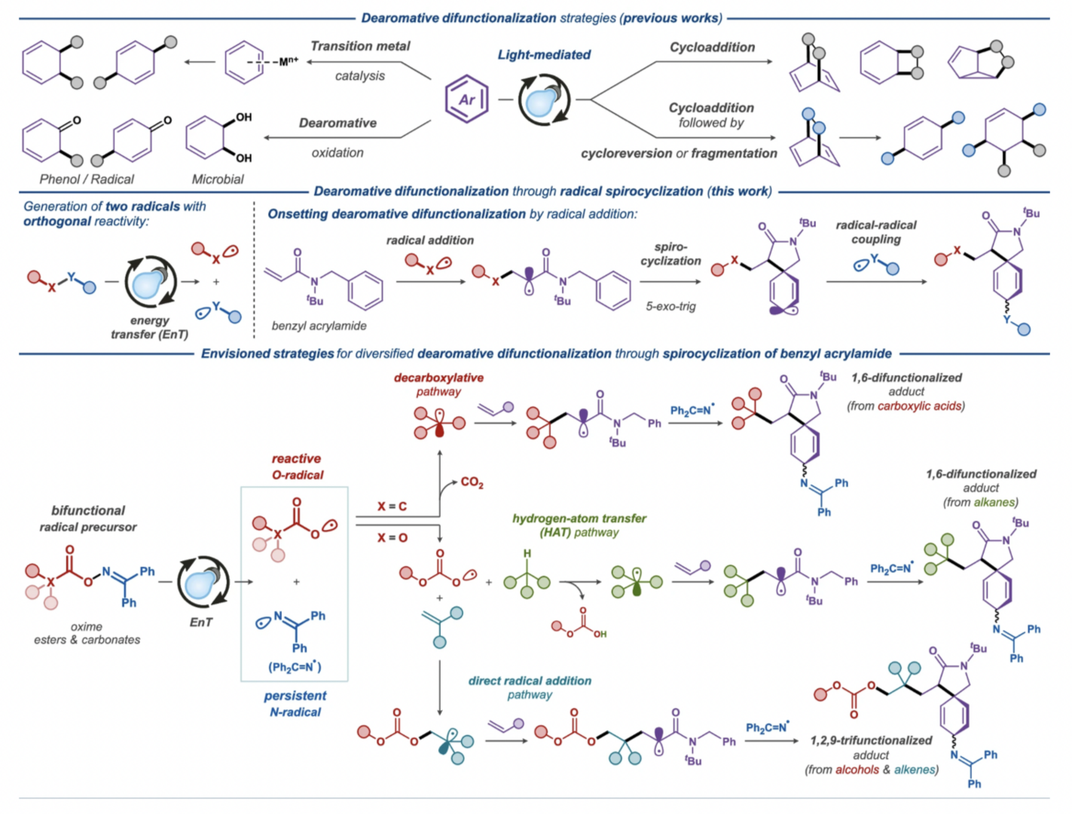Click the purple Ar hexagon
467,78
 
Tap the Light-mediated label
544,55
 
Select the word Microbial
217,179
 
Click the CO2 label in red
472,482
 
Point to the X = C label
392,506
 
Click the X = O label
392,537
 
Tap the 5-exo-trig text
670,307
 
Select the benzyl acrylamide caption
319,326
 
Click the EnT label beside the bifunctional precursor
201,623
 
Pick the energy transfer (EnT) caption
149,327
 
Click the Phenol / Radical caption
87,179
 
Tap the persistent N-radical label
295,704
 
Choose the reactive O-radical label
298,467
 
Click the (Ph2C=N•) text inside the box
295,667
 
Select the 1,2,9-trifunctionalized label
872,741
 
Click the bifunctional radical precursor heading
88,519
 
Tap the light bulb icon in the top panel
544,100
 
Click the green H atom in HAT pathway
527,553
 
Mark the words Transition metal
360,46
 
